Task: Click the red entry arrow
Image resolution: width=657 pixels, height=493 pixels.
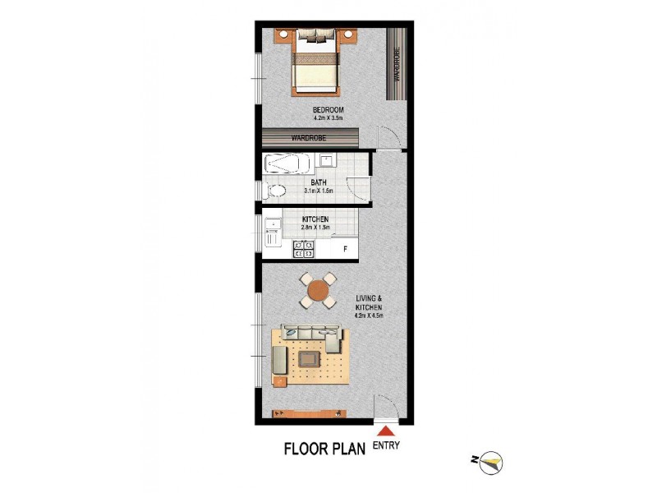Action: click(384, 431)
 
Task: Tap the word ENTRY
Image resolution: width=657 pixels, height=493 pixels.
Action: click(386, 445)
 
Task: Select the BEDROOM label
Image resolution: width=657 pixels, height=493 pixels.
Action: click(328, 109)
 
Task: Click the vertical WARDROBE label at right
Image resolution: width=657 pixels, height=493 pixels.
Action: click(397, 65)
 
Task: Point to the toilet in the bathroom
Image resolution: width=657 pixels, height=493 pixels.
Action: click(277, 192)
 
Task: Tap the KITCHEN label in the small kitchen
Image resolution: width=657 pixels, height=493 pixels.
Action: click(315, 219)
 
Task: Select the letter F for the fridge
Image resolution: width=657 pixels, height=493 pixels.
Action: click(345, 248)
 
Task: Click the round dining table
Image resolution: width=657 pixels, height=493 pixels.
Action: click(316, 289)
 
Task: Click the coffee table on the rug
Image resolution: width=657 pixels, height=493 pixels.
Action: click(310, 359)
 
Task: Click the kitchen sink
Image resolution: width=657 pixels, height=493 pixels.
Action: click(272, 224)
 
